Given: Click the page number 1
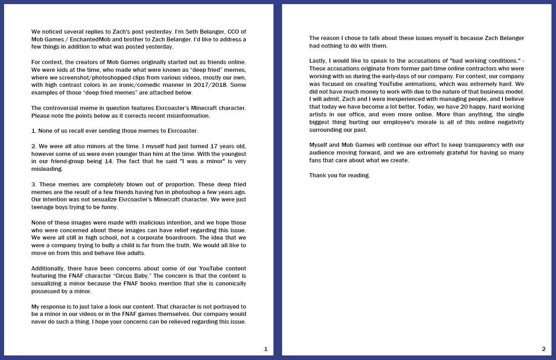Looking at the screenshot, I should tap(266, 349).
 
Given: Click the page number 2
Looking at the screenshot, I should tap(544, 349).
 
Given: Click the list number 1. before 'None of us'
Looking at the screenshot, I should tap(34, 131).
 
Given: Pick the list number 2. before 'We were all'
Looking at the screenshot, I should tap(34, 146).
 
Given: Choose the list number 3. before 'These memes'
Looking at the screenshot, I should tap(34, 184).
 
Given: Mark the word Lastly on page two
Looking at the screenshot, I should tap(318, 61).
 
